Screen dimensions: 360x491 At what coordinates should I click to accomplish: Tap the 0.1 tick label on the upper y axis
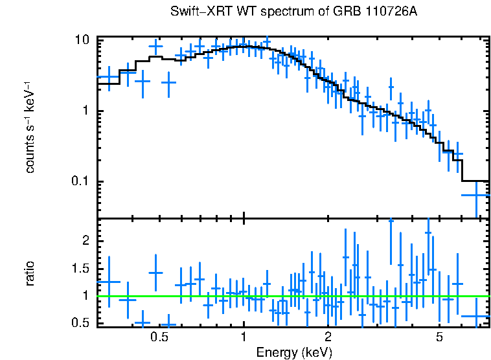78,181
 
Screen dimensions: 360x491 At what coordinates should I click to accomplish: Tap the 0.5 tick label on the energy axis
159,338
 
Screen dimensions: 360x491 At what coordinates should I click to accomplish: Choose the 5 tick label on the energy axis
439,338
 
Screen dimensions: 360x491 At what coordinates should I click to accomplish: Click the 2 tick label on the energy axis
328,338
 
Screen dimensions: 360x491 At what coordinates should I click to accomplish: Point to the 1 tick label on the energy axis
244,338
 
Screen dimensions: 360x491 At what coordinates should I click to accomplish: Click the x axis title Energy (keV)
294,353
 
